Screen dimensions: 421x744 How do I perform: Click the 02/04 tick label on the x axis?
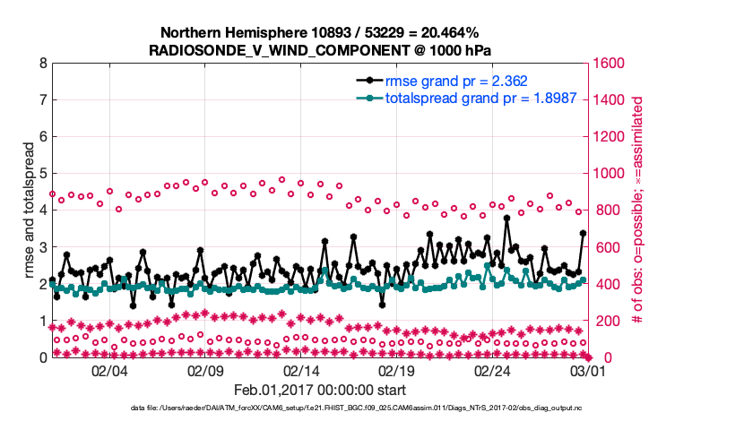point(110,371)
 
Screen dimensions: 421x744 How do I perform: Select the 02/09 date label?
point(206,371)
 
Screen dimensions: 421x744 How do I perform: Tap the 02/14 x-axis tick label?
point(302,371)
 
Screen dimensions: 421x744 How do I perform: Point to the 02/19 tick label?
point(397,371)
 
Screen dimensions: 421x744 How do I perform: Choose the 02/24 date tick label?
point(493,371)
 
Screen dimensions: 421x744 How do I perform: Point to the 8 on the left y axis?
point(42,64)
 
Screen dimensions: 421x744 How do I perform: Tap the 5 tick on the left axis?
point(42,174)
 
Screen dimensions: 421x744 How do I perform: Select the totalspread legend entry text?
point(456,98)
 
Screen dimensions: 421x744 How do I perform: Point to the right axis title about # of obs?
point(637,210)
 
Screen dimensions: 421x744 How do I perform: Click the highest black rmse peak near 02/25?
point(506,218)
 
